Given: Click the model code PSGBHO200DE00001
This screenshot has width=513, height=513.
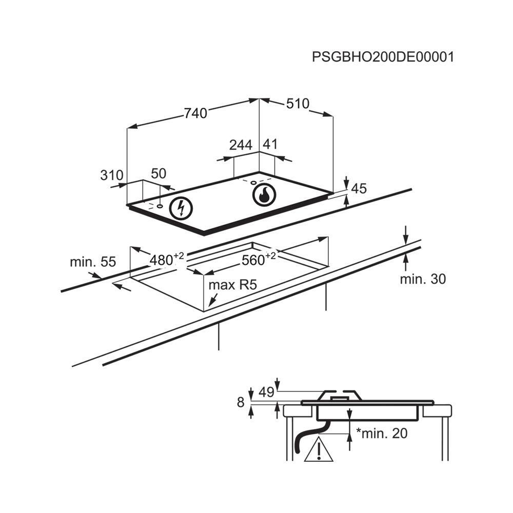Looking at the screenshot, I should (x=383, y=56).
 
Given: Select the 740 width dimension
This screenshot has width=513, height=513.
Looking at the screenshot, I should (x=195, y=113).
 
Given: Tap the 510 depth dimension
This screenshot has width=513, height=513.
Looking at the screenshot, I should (x=298, y=104).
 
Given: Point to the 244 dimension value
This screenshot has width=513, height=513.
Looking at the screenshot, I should (x=241, y=145).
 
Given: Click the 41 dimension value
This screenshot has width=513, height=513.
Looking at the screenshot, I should (x=270, y=145).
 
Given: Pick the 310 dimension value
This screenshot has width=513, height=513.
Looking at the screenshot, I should (x=112, y=175).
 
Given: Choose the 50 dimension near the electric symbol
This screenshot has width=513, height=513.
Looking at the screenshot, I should (x=159, y=173).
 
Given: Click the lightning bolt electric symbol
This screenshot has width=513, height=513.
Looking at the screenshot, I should (x=181, y=208).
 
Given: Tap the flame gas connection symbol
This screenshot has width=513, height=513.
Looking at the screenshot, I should (x=265, y=195).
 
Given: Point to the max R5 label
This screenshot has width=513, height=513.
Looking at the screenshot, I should (x=232, y=285).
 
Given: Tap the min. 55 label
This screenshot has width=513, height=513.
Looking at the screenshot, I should (x=93, y=262).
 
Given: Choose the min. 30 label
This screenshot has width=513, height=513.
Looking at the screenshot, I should (x=423, y=279).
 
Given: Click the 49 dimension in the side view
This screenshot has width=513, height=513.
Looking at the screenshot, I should (x=266, y=392).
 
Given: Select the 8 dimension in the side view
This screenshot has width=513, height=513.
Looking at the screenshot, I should (x=241, y=403).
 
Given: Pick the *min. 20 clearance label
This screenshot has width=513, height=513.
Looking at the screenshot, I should (x=382, y=433).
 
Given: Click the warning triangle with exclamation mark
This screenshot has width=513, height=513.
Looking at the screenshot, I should (x=319, y=450).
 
